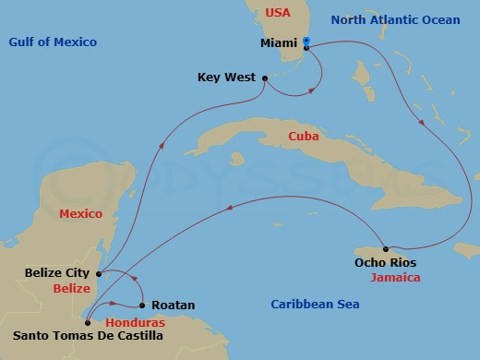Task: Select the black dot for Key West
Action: (265, 78)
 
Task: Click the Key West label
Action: (225, 78)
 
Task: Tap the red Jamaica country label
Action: (394, 277)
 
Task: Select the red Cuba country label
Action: (304, 136)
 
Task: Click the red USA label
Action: (278, 13)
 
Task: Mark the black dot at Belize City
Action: (99, 273)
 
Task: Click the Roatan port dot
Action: (143, 305)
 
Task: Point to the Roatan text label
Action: (174, 305)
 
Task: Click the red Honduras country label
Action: (135, 322)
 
